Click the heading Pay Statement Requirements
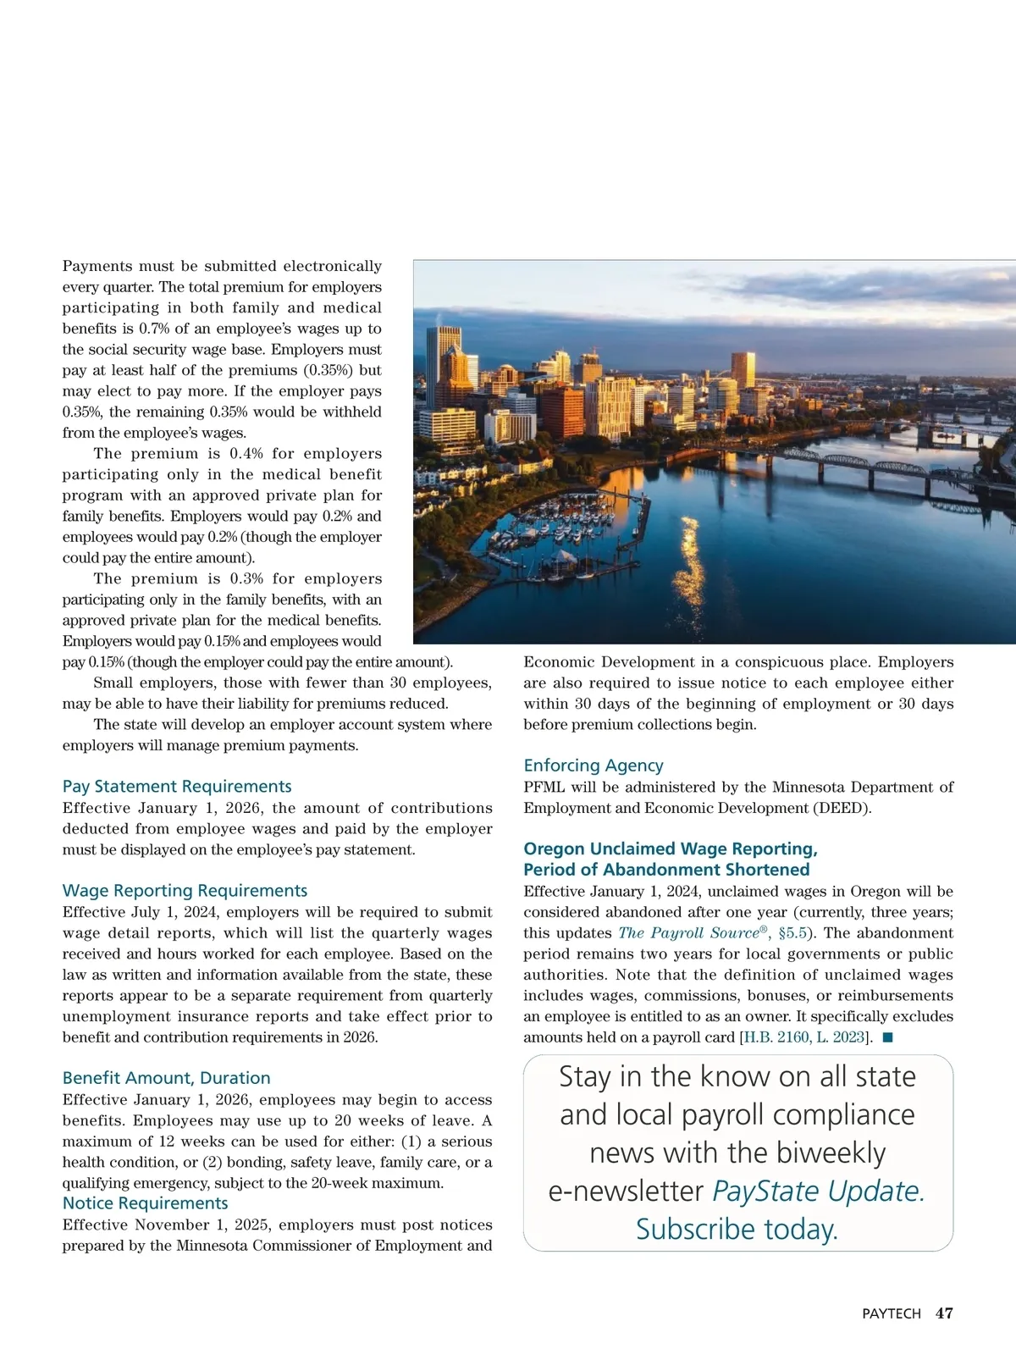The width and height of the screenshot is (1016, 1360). [177, 787]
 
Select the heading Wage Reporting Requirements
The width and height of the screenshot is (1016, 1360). [185, 891]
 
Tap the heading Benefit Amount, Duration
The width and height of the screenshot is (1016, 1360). [167, 1078]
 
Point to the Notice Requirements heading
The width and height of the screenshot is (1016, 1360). [146, 1203]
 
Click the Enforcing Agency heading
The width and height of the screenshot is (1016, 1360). [594, 766]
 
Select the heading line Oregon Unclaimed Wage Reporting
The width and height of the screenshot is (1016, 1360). [670, 849]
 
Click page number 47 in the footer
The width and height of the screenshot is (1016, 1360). [944, 1313]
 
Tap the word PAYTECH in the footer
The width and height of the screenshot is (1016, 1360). [891, 1314]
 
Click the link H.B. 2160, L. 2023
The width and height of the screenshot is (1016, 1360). [804, 1037]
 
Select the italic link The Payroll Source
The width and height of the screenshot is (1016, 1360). [688, 933]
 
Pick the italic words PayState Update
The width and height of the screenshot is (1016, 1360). [818, 1191]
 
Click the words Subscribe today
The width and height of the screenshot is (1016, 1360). [737, 1229]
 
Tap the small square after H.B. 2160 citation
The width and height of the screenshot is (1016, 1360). [887, 1037]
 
